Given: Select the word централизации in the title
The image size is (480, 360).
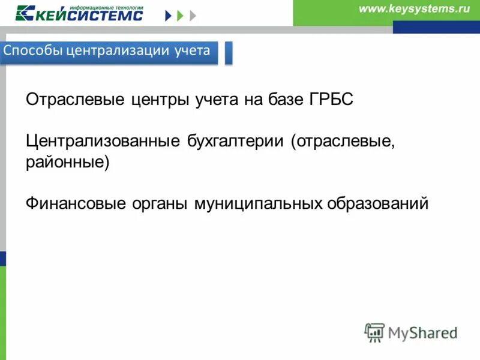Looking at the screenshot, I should (110, 50).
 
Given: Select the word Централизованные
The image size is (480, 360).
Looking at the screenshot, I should (103, 143).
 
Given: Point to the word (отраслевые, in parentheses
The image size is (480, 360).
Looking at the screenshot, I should (343, 143).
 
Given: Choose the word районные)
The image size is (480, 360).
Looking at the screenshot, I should (68, 163).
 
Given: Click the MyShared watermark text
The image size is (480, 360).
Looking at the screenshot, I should (423, 332).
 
